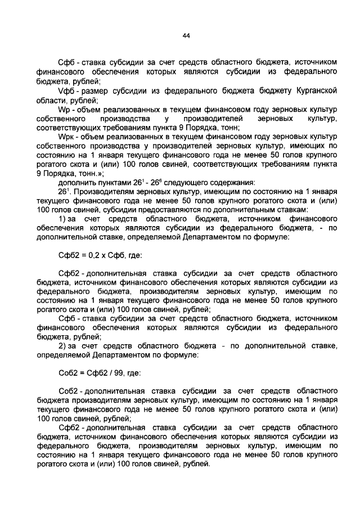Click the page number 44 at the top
(186, 35)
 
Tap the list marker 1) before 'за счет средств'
(63, 218)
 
